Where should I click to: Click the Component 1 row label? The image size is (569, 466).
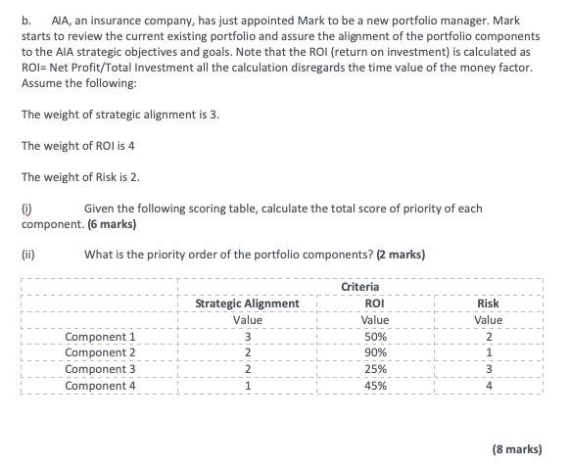[100, 337]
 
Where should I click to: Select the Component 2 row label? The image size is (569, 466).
[100, 352]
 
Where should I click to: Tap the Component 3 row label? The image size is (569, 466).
[100, 369]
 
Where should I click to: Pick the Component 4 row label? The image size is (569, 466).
[100, 386]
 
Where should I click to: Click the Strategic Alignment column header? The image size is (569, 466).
[248, 303]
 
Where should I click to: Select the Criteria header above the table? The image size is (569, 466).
[360, 287]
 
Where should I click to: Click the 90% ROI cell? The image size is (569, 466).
[374, 352]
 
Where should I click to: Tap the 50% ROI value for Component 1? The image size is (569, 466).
[374, 337]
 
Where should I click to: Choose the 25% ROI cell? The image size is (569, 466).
[374, 369]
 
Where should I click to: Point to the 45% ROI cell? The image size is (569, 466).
[374, 386]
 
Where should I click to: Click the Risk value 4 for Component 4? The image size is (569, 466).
[488, 386]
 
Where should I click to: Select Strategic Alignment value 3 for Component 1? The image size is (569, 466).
[249, 337]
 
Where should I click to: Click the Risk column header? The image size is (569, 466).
[488, 303]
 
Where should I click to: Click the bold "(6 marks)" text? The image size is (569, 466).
[111, 224]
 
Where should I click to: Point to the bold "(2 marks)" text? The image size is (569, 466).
[398, 256]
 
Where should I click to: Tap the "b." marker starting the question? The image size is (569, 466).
[26, 19]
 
